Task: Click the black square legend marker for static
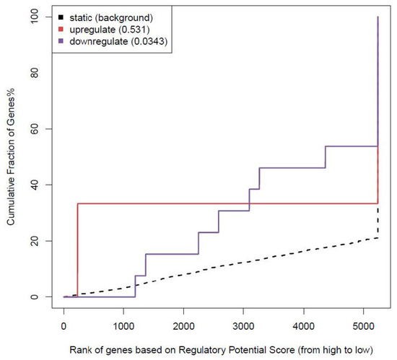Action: pos(61,17)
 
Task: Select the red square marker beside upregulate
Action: pos(61,30)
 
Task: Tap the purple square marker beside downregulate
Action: pos(61,41)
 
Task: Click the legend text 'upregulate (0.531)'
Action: pos(110,30)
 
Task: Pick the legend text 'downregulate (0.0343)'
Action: pos(118,41)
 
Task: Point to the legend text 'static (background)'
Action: pos(111,18)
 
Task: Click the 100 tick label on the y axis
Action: pos(35,17)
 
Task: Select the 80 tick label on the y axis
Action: pos(35,73)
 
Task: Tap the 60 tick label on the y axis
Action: pos(35,128)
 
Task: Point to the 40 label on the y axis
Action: pos(35,185)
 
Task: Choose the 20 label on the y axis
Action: pos(35,241)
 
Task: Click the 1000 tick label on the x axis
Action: pos(123,326)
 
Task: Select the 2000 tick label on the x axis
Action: pos(183,326)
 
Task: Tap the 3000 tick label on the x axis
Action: pos(243,326)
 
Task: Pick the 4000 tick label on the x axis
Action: pos(304,326)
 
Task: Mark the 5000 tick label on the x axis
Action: pos(364,326)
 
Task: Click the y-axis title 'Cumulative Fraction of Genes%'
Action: pos(11,157)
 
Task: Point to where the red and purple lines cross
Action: pos(250,203)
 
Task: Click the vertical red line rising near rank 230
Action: pos(77,250)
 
